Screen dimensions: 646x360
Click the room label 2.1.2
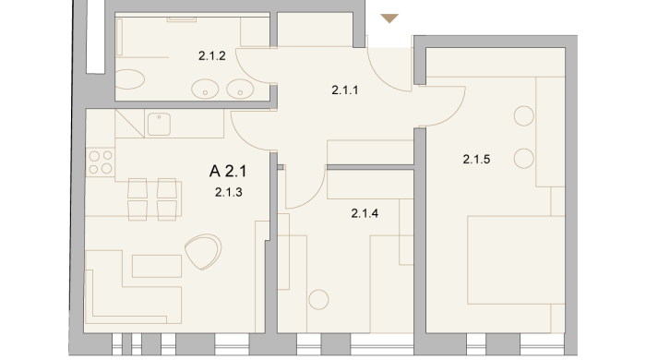click(x=211, y=55)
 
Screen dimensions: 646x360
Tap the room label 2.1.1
click(x=345, y=90)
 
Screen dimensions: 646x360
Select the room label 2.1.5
click(x=476, y=159)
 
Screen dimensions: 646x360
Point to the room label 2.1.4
click(x=365, y=213)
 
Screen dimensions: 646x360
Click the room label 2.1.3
click(x=228, y=192)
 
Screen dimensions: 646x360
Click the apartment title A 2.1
click(x=228, y=171)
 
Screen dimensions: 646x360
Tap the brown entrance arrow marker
click(x=389, y=18)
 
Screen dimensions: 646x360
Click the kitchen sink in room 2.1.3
click(x=159, y=124)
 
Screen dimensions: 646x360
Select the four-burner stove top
click(x=101, y=162)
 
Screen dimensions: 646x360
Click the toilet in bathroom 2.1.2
click(x=129, y=79)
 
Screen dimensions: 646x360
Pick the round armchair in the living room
click(x=203, y=251)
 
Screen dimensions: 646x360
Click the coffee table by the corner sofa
click(x=157, y=266)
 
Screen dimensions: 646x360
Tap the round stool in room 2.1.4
click(x=318, y=299)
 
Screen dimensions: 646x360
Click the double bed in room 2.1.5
click(x=516, y=260)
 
